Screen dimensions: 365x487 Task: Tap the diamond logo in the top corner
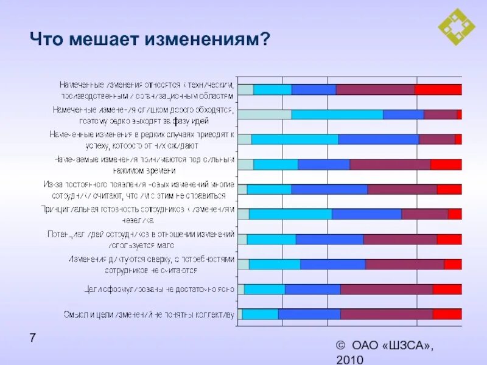tap(457, 27)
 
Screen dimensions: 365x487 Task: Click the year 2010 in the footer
tap(349, 360)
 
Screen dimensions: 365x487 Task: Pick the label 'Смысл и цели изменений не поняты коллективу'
tap(149, 315)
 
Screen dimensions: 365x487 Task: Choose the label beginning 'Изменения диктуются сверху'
tap(151, 264)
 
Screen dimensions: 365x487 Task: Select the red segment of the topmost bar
tap(438, 89)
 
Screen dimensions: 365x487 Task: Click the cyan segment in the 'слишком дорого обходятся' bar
tap(337, 114)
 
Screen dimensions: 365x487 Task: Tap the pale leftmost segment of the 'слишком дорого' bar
tap(264, 114)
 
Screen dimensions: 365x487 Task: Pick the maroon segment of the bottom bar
tap(386, 314)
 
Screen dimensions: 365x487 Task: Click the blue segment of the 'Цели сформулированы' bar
tap(312, 289)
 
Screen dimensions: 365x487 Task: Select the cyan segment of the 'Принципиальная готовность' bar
tap(290, 214)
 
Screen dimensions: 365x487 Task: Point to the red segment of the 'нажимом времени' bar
tap(446, 164)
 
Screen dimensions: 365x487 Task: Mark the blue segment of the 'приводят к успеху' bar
tap(378, 139)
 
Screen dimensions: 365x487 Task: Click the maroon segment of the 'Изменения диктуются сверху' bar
tap(404, 264)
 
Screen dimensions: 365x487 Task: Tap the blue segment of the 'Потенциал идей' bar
tap(329, 239)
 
